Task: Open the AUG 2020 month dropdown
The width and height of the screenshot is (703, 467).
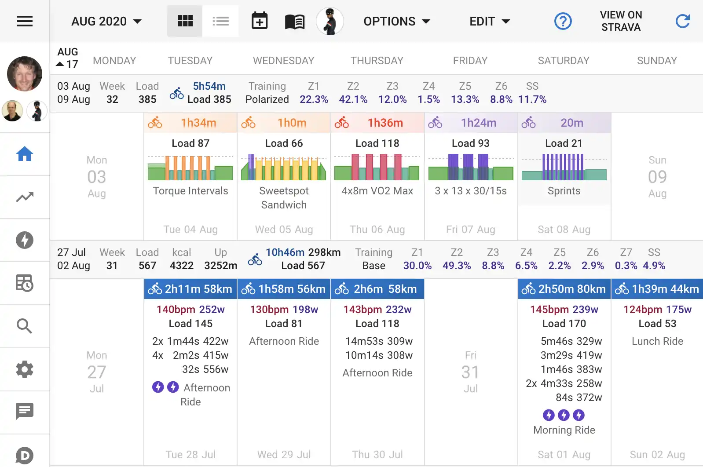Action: pyautogui.click(x=106, y=22)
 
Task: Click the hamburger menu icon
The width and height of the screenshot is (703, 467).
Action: pyautogui.click(x=25, y=21)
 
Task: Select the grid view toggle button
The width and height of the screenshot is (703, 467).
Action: pyautogui.click(x=185, y=21)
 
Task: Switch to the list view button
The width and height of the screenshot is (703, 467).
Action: pyautogui.click(x=220, y=21)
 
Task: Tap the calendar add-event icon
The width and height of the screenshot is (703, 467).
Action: pyautogui.click(x=260, y=21)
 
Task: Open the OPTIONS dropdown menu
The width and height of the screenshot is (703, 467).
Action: pyautogui.click(x=396, y=22)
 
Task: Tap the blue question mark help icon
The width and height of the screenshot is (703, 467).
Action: pyautogui.click(x=563, y=21)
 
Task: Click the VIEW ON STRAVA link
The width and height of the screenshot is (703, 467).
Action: pyautogui.click(x=621, y=21)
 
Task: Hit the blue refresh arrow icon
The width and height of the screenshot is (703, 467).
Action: pyautogui.click(x=682, y=21)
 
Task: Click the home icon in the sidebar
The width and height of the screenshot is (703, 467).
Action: pyautogui.click(x=25, y=154)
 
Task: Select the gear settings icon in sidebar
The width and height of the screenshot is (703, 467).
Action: pyautogui.click(x=25, y=369)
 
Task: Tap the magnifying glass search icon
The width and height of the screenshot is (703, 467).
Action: pyautogui.click(x=25, y=326)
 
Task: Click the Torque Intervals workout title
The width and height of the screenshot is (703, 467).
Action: pyautogui.click(x=190, y=191)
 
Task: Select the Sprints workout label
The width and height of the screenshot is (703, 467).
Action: pyautogui.click(x=564, y=191)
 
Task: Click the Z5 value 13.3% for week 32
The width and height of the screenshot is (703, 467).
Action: pyautogui.click(x=465, y=99)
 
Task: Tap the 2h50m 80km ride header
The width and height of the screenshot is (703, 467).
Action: pyautogui.click(x=564, y=289)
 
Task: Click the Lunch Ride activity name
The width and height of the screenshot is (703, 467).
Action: pyautogui.click(x=657, y=341)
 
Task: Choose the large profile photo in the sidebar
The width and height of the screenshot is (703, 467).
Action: pyautogui.click(x=25, y=74)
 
